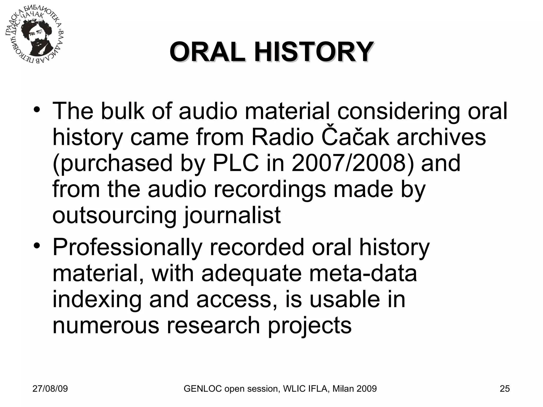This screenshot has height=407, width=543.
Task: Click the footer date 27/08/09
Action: click(x=50, y=389)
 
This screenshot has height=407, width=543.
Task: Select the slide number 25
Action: click(x=505, y=389)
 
